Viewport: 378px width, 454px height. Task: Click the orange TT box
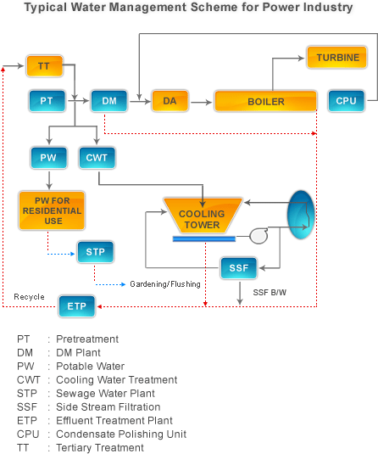click(x=45, y=66)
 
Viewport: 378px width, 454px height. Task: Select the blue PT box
click(x=47, y=101)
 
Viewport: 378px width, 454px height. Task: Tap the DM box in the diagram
click(x=109, y=101)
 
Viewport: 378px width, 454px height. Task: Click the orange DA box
click(x=170, y=101)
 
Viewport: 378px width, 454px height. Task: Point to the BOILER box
click(x=266, y=101)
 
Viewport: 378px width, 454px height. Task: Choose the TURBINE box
click(x=337, y=58)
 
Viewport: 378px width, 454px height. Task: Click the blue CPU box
click(x=347, y=101)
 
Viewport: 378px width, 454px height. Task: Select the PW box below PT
click(x=49, y=158)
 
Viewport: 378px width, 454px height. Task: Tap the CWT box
click(x=97, y=158)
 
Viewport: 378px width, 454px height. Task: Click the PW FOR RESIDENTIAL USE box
click(x=52, y=210)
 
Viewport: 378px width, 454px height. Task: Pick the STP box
click(x=96, y=252)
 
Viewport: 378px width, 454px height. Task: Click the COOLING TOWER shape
click(x=203, y=216)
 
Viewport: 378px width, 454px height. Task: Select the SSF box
click(x=239, y=268)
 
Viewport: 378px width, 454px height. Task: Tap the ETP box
click(x=76, y=306)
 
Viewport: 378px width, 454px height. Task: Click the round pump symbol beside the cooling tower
click(x=258, y=236)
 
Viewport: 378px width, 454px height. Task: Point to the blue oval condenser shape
click(x=301, y=215)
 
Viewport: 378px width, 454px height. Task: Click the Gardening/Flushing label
click(x=165, y=284)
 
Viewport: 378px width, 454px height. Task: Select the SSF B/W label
click(x=270, y=293)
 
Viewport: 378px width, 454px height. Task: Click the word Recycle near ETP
click(x=29, y=297)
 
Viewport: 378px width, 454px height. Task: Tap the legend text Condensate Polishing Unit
click(x=121, y=434)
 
